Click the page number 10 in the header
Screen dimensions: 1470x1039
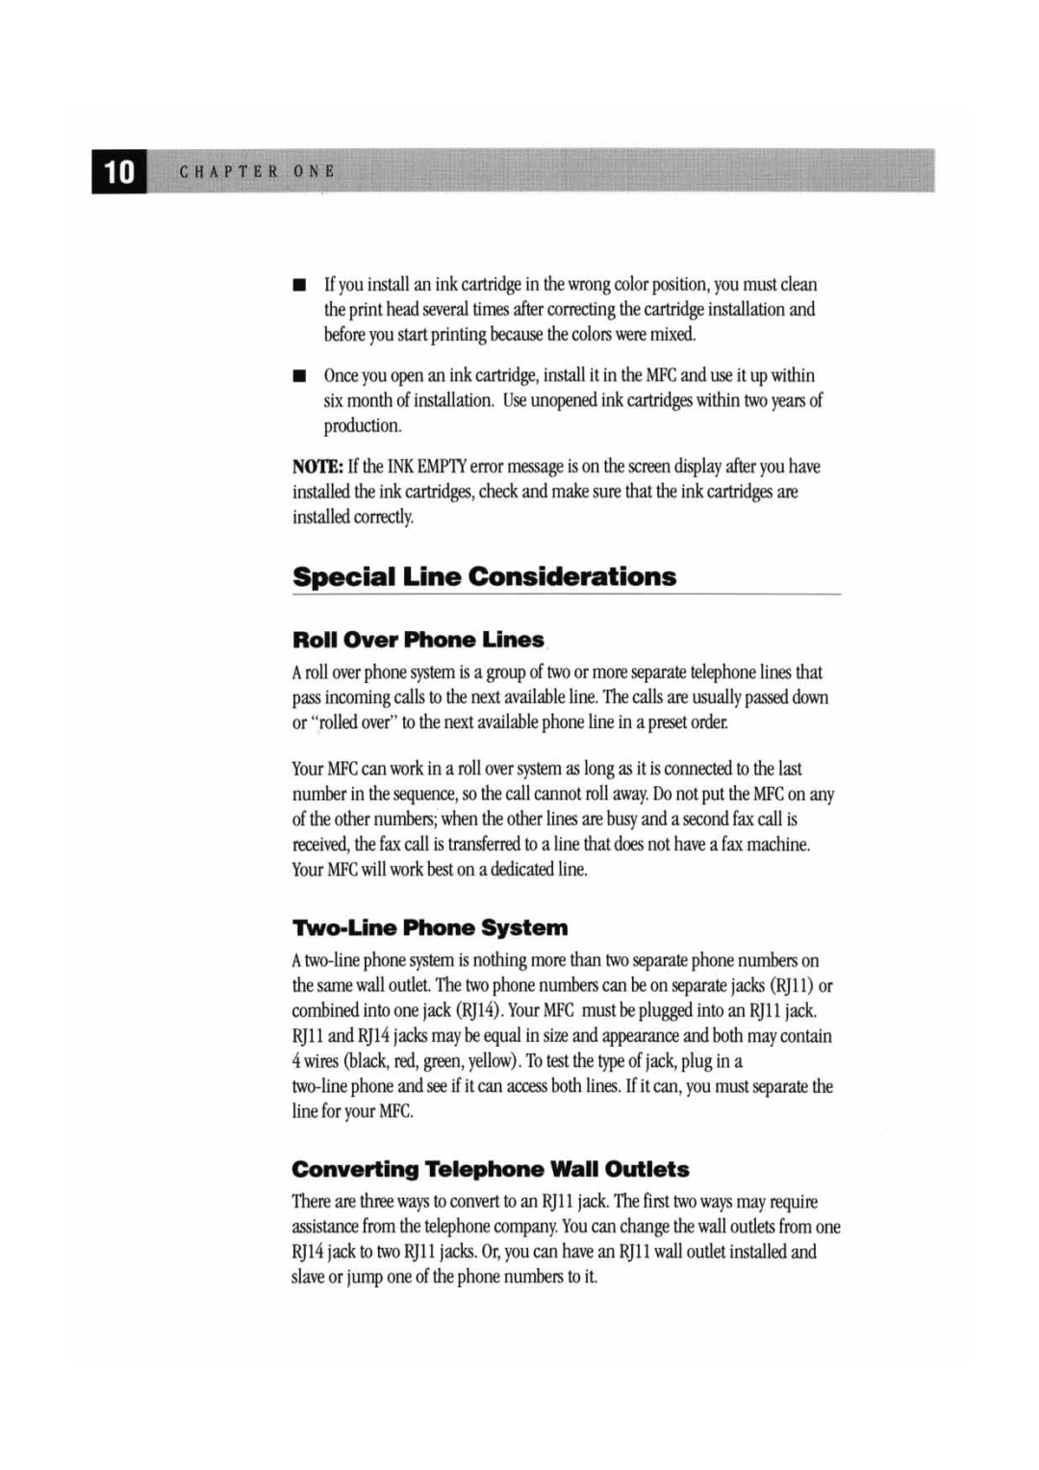coord(119,172)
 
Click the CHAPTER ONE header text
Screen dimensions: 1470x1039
coord(257,172)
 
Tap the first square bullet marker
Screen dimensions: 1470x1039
coord(300,285)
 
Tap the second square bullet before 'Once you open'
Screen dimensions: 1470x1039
coord(300,376)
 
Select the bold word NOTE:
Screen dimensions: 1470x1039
coord(317,468)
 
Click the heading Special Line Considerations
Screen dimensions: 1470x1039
coord(484,577)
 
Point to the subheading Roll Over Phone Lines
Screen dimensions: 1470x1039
coord(418,641)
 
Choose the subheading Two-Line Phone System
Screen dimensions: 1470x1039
coord(429,928)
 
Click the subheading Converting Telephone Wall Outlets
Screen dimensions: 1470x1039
coord(490,1170)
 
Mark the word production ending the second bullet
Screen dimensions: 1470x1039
coord(362,426)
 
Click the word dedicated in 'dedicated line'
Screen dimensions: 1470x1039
coord(522,870)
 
